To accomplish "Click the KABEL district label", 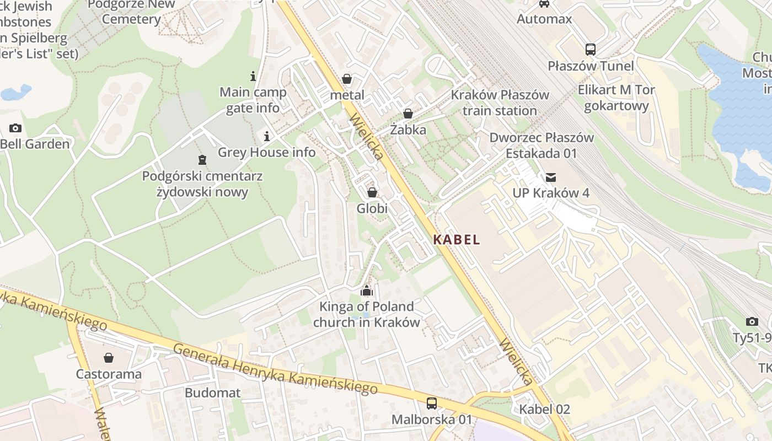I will pyautogui.click(x=457, y=240).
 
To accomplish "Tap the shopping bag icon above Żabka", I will pyautogui.click(x=408, y=114).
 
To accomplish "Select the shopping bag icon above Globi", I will pyautogui.click(x=372, y=193).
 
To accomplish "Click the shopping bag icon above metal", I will pyautogui.click(x=347, y=79).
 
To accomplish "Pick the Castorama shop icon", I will pyautogui.click(x=109, y=358).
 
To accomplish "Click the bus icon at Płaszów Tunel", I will pyautogui.click(x=591, y=50).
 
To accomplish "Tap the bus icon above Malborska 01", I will pyautogui.click(x=432, y=404).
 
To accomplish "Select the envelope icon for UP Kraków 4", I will pyautogui.click(x=550, y=178).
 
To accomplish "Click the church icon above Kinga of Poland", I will pyautogui.click(x=367, y=291).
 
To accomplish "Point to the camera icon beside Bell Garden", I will pyautogui.click(x=15, y=128).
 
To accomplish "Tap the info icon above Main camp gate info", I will pyautogui.click(x=253, y=76).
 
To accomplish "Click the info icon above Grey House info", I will pyautogui.click(x=267, y=136).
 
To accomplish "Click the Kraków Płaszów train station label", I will pyautogui.click(x=500, y=103).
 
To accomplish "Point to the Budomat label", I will pyautogui.click(x=213, y=393).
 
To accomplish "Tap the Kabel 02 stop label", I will pyautogui.click(x=545, y=410).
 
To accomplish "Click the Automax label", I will pyautogui.click(x=544, y=19).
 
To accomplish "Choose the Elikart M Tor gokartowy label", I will pyautogui.click(x=616, y=98).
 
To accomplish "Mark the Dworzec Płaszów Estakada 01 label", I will pyautogui.click(x=541, y=146).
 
